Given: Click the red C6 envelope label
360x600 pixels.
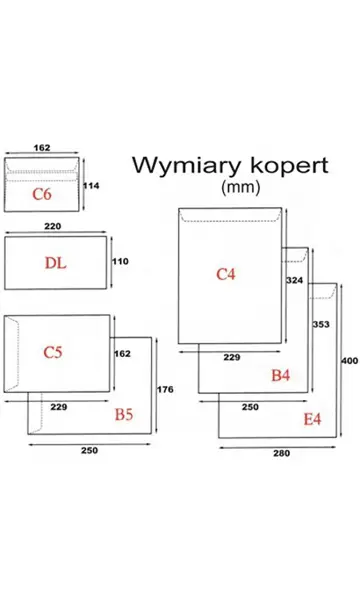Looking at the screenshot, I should coord(41,193).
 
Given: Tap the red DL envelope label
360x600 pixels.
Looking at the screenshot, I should coord(56,263).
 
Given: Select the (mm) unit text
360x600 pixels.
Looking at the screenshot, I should coord(237,187).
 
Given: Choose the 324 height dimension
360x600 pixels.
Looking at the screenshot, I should coord(293,281).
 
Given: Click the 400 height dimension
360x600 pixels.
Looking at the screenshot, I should coord(348,360).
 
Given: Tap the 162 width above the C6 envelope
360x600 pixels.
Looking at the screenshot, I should coord(43,146).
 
